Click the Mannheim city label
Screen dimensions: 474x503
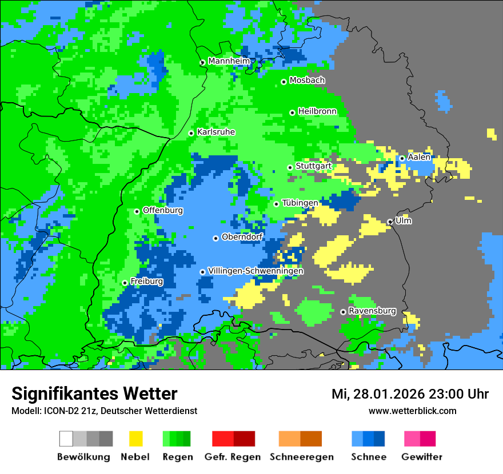[x=229, y=61]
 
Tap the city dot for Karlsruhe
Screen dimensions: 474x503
[x=191, y=133]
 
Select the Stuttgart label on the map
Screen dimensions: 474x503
[x=314, y=166]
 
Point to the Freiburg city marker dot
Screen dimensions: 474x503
[x=125, y=283]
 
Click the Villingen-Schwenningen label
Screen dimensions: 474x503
[x=256, y=271]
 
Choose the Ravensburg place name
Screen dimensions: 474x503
[x=372, y=311]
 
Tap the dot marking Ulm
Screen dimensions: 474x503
[x=390, y=222]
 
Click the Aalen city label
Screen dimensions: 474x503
[x=419, y=157]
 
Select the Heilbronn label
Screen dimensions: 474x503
[x=317, y=111]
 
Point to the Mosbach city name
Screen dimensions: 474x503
[x=307, y=81]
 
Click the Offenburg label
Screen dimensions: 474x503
[x=163, y=210]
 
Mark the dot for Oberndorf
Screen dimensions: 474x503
[x=215, y=238]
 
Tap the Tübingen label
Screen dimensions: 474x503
[x=300, y=203]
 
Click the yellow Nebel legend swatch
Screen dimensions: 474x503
[x=135, y=439]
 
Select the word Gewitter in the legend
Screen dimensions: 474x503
[x=422, y=457]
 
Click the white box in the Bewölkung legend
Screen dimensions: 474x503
[x=66, y=439]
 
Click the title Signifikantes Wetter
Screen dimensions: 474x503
[x=94, y=393]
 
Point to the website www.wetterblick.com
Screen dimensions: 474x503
[x=412, y=411]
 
